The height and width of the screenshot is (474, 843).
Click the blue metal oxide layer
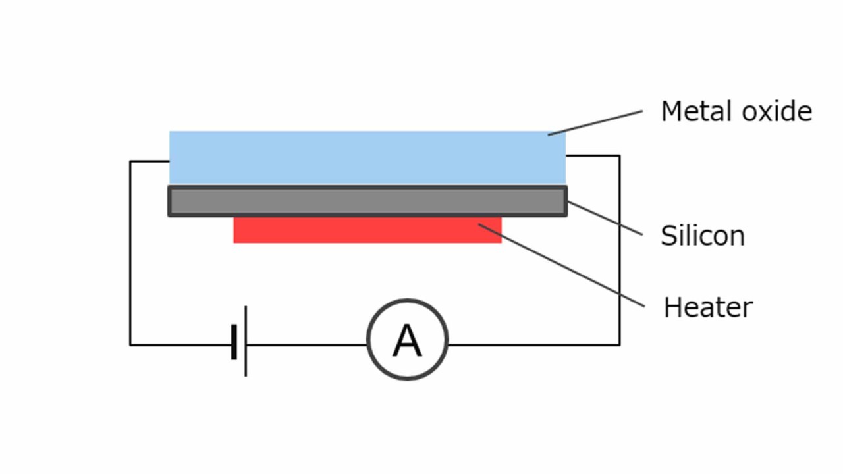(x=367, y=157)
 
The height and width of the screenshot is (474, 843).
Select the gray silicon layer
(x=367, y=201)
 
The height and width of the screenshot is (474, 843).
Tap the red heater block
(x=367, y=230)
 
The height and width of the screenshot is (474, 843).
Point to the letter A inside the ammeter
(x=407, y=341)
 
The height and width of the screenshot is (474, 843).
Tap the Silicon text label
(x=702, y=236)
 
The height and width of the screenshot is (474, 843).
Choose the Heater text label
(x=708, y=307)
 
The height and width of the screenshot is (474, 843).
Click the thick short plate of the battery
(x=234, y=342)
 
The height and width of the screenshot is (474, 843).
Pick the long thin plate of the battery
(x=246, y=341)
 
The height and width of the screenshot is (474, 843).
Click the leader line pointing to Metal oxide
(x=595, y=123)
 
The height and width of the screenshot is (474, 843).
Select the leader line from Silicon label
(x=605, y=218)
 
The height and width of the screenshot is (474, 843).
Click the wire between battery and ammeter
(x=306, y=344)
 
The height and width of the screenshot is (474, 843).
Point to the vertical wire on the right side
(x=619, y=250)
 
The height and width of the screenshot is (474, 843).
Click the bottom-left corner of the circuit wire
(x=130, y=344)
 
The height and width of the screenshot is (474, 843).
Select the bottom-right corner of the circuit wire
(x=619, y=344)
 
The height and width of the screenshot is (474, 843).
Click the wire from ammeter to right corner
(x=533, y=344)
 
